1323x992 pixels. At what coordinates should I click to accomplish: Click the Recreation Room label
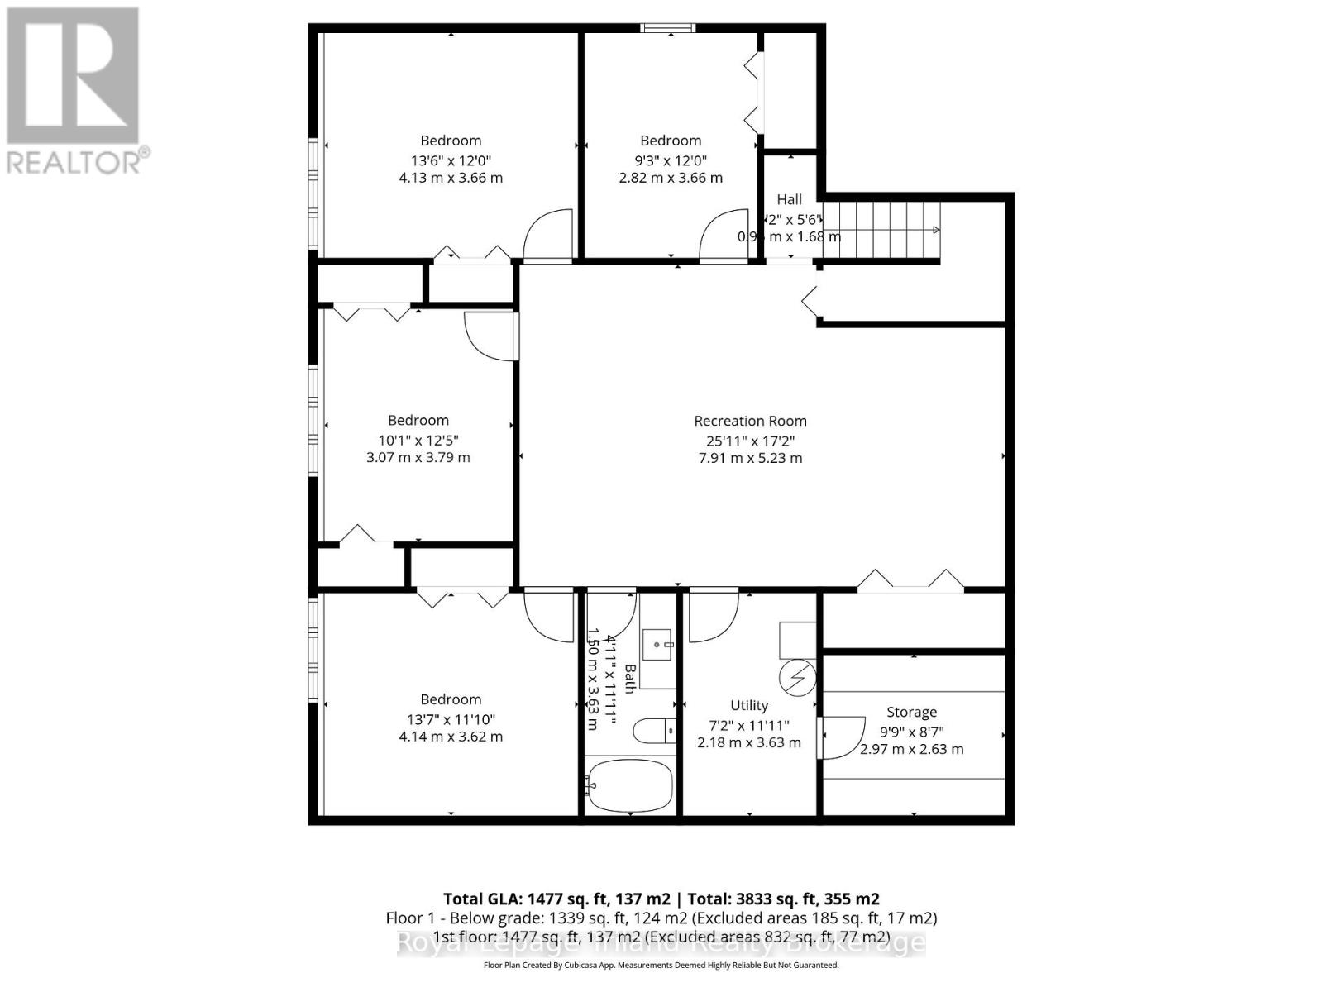[750, 421]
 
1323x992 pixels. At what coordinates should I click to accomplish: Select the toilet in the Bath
[653, 731]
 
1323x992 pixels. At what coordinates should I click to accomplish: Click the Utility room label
[749, 705]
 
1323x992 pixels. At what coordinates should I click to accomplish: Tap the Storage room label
[911, 712]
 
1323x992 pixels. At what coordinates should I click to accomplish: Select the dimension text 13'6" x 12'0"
[451, 160]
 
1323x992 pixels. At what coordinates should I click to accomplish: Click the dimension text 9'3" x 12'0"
[671, 160]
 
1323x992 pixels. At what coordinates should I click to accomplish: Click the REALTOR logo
[74, 91]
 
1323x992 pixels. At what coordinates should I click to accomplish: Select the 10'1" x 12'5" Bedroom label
[418, 421]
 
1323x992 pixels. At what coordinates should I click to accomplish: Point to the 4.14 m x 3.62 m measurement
[451, 737]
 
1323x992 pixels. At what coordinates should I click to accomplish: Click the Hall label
[789, 199]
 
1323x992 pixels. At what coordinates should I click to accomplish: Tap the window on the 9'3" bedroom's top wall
[668, 29]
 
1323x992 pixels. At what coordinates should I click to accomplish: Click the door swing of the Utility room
[711, 616]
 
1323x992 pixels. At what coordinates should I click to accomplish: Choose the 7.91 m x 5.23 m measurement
[750, 458]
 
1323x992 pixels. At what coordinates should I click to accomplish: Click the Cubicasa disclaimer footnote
[661, 965]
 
